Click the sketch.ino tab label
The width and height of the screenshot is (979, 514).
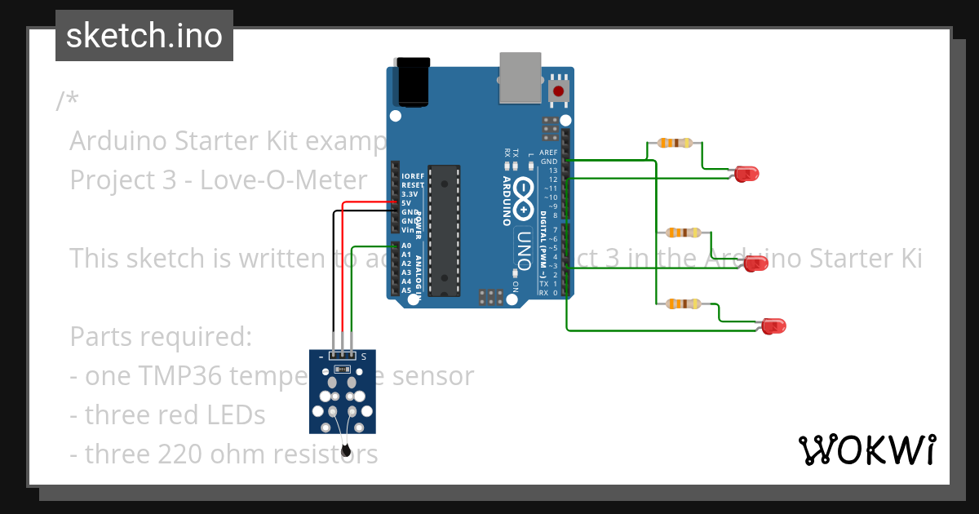(144, 36)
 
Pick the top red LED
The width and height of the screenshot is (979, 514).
(746, 173)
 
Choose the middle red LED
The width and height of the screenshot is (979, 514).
(756, 263)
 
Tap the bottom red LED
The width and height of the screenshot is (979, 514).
(773, 326)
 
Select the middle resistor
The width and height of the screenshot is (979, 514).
(683, 233)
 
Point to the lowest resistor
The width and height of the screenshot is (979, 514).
(683, 304)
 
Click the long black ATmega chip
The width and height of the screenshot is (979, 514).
(444, 231)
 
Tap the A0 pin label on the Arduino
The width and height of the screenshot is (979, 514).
(405, 246)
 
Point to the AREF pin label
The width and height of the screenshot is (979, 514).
(548, 153)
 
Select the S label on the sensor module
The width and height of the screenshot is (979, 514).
(364, 357)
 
